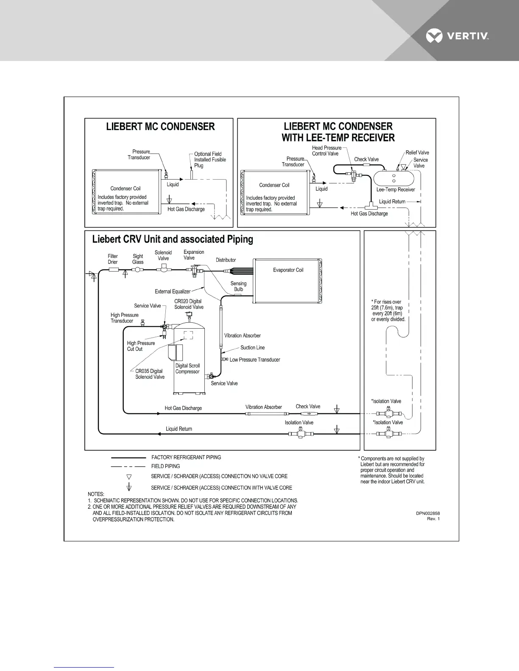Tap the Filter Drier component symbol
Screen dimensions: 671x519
pyautogui.click(x=113, y=269)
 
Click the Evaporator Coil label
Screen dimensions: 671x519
pyautogui.click(x=288, y=270)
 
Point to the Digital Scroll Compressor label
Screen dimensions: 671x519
pyautogui.click(x=187, y=369)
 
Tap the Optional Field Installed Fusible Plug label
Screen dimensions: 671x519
pyautogui.click(x=210, y=160)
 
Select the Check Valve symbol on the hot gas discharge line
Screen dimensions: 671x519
pyautogui.click(x=308, y=413)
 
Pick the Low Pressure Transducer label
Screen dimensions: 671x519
pyautogui.click(x=255, y=360)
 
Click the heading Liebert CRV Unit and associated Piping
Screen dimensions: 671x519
pyautogui.click(x=173, y=239)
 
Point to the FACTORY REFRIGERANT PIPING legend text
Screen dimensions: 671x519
pyautogui.click(x=186, y=457)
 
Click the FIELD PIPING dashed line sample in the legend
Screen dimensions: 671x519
pyautogui.click(x=128, y=466)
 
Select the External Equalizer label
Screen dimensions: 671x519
pyautogui.click(x=173, y=291)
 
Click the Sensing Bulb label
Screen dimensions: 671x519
pyautogui.click(x=238, y=286)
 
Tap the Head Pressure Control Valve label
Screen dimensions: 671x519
pyautogui.click(x=326, y=151)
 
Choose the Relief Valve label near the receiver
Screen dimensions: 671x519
pyautogui.click(x=417, y=152)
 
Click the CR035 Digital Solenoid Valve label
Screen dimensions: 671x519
pyautogui.click(x=150, y=374)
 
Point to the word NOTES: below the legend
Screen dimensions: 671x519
pyautogui.click(x=96, y=494)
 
